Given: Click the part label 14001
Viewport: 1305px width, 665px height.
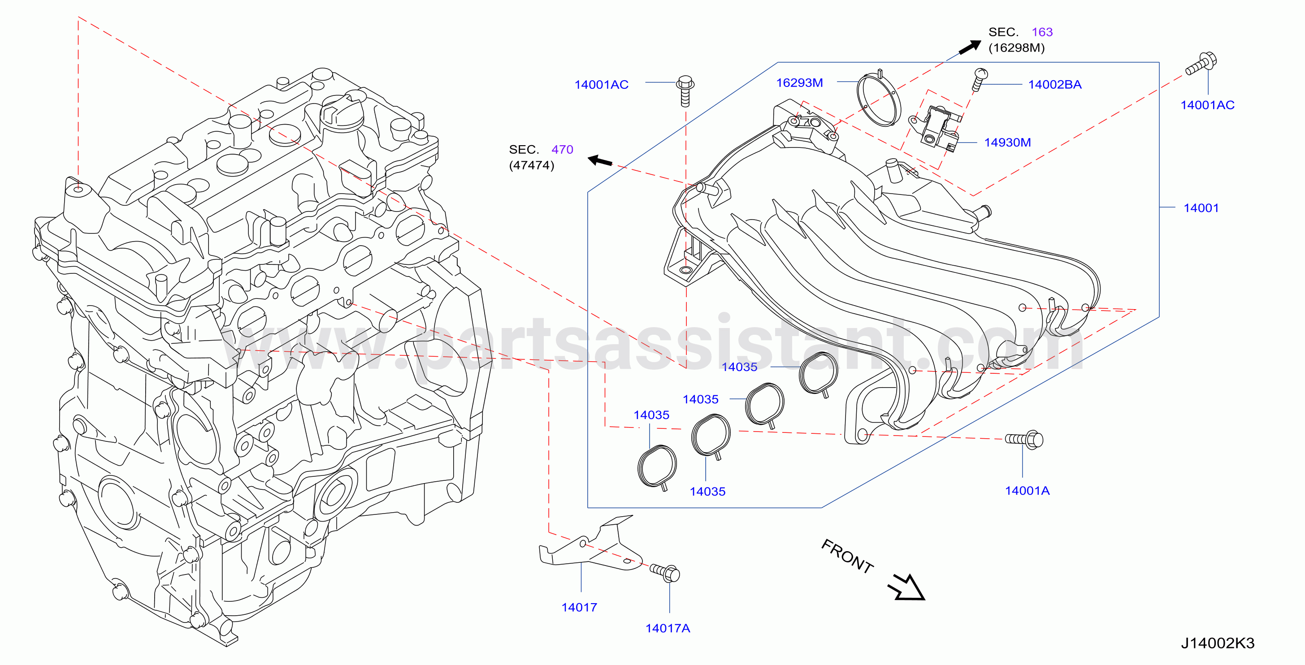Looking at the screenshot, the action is (x=1201, y=207).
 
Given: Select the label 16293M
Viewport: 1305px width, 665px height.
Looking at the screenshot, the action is (x=799, y=82).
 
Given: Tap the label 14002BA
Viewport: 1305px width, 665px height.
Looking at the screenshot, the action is (x=1055, y=85).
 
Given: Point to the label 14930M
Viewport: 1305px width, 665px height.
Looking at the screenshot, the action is (x=1007, y=142).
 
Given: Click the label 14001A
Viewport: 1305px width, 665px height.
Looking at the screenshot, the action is (x=1028, y=490).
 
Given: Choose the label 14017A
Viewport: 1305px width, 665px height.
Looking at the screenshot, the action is (x=668, y=628).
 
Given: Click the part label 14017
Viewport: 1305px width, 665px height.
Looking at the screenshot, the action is (x=579, y=607).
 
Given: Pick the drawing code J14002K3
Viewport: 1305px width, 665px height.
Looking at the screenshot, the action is (x=1218, y=643).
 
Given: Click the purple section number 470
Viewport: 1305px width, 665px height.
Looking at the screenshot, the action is (x=562, y=149).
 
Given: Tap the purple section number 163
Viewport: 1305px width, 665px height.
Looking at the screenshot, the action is (x=1042, y=32).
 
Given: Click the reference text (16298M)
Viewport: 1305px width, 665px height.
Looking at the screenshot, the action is (x=1016, y=47).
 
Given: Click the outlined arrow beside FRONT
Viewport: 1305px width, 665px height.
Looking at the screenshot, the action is (x=907, y=588).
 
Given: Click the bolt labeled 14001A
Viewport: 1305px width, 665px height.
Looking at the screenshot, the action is (x=1024, y=440).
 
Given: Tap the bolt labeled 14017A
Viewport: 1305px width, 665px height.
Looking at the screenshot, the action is (x=665, y=573).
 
